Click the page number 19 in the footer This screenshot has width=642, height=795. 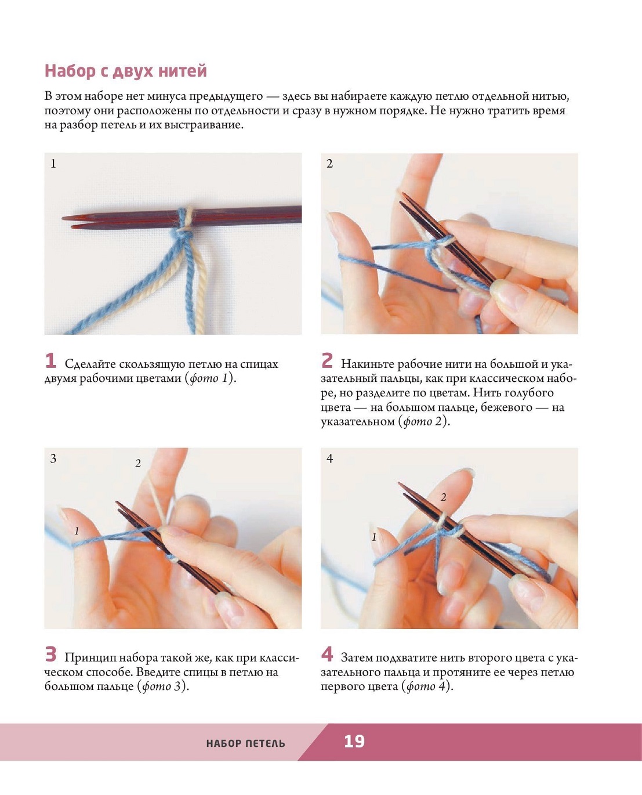click(354, 741)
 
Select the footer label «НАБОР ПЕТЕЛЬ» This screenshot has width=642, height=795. click(245, 743)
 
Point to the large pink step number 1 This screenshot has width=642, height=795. click(50, 360)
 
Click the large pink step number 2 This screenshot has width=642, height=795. click(327, 360)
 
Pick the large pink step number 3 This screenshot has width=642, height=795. click(50, 655)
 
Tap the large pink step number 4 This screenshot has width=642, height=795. click(327, 655)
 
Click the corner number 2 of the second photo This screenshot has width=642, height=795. click(329, 164)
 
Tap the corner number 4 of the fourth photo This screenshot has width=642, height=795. click(329, 458)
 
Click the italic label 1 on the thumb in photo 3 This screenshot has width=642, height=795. click(77, 531)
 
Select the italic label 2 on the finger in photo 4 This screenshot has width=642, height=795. click(443, 497)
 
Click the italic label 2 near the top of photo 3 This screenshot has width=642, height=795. click(138, 463)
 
